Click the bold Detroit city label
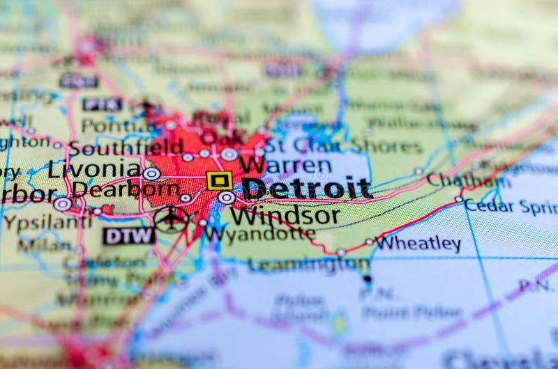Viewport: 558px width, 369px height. pos(306,187)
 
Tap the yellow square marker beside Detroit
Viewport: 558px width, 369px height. pos(219,181)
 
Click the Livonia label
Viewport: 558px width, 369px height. pos(94,168)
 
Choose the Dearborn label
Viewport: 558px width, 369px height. pos(126,189)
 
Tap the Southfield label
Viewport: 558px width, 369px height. pos(126,148)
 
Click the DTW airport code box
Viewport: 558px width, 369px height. pos(129,236)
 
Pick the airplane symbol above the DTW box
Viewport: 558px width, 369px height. pos(171,219)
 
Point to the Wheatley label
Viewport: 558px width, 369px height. pos(418,244)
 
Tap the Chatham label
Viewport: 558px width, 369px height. pos(464,180)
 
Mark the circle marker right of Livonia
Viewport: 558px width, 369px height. pos(151,173)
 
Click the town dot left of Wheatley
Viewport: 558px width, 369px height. pos(368,242)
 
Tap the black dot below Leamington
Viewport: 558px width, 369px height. pos(367,279)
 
